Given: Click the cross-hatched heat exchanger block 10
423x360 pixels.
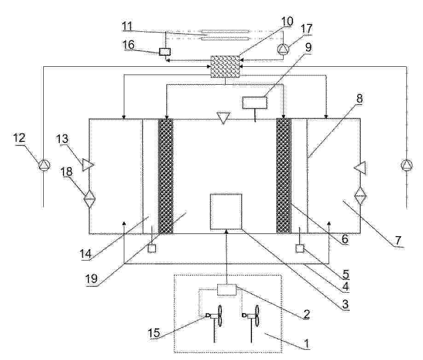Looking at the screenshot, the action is point(225,67).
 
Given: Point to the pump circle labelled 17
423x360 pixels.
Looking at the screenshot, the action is point(283,49).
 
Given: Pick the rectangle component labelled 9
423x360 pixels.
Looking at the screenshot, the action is point(255,103).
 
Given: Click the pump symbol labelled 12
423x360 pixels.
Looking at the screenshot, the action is point(44,165).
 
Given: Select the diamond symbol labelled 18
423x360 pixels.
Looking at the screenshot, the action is point(90,198).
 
